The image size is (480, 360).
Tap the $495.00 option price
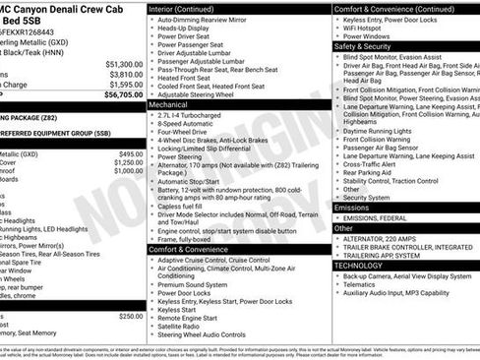(x=130, y=154)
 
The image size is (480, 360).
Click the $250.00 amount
(x=130, y=316)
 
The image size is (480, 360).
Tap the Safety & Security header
(x=363, y=46)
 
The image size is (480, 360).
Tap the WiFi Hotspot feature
(x=364, y=28)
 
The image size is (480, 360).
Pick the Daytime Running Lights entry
(x=382, y=131)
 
